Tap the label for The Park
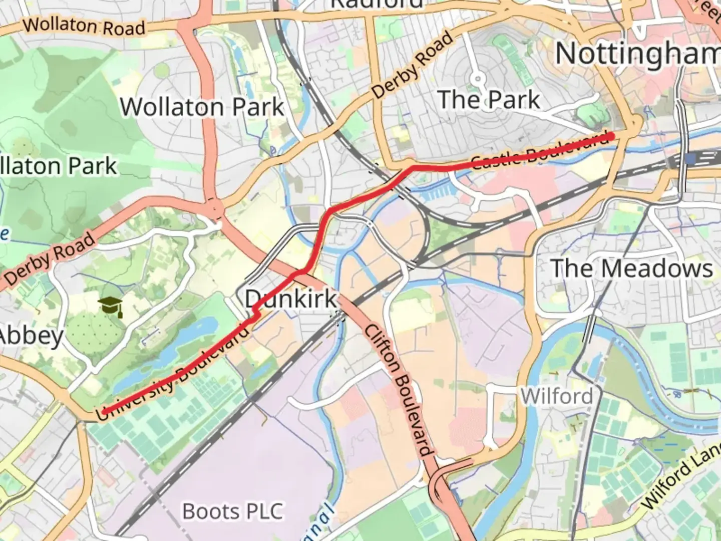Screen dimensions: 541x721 pos(489,99)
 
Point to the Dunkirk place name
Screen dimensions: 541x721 pos(291,299)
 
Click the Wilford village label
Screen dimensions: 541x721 pos(556,396)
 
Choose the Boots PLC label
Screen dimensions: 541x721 pos(233,511)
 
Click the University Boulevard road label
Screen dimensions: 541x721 pos(173,381)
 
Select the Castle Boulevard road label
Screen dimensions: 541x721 pos(541,151)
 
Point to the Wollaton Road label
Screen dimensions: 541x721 pos(84,26)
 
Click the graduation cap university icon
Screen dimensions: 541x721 pos(110,306)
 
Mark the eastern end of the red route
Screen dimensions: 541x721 pos(611,136)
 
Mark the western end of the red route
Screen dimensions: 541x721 pos(104,412)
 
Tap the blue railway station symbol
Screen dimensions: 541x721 pos(691,159)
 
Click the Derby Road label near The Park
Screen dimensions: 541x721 pos(413,65)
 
